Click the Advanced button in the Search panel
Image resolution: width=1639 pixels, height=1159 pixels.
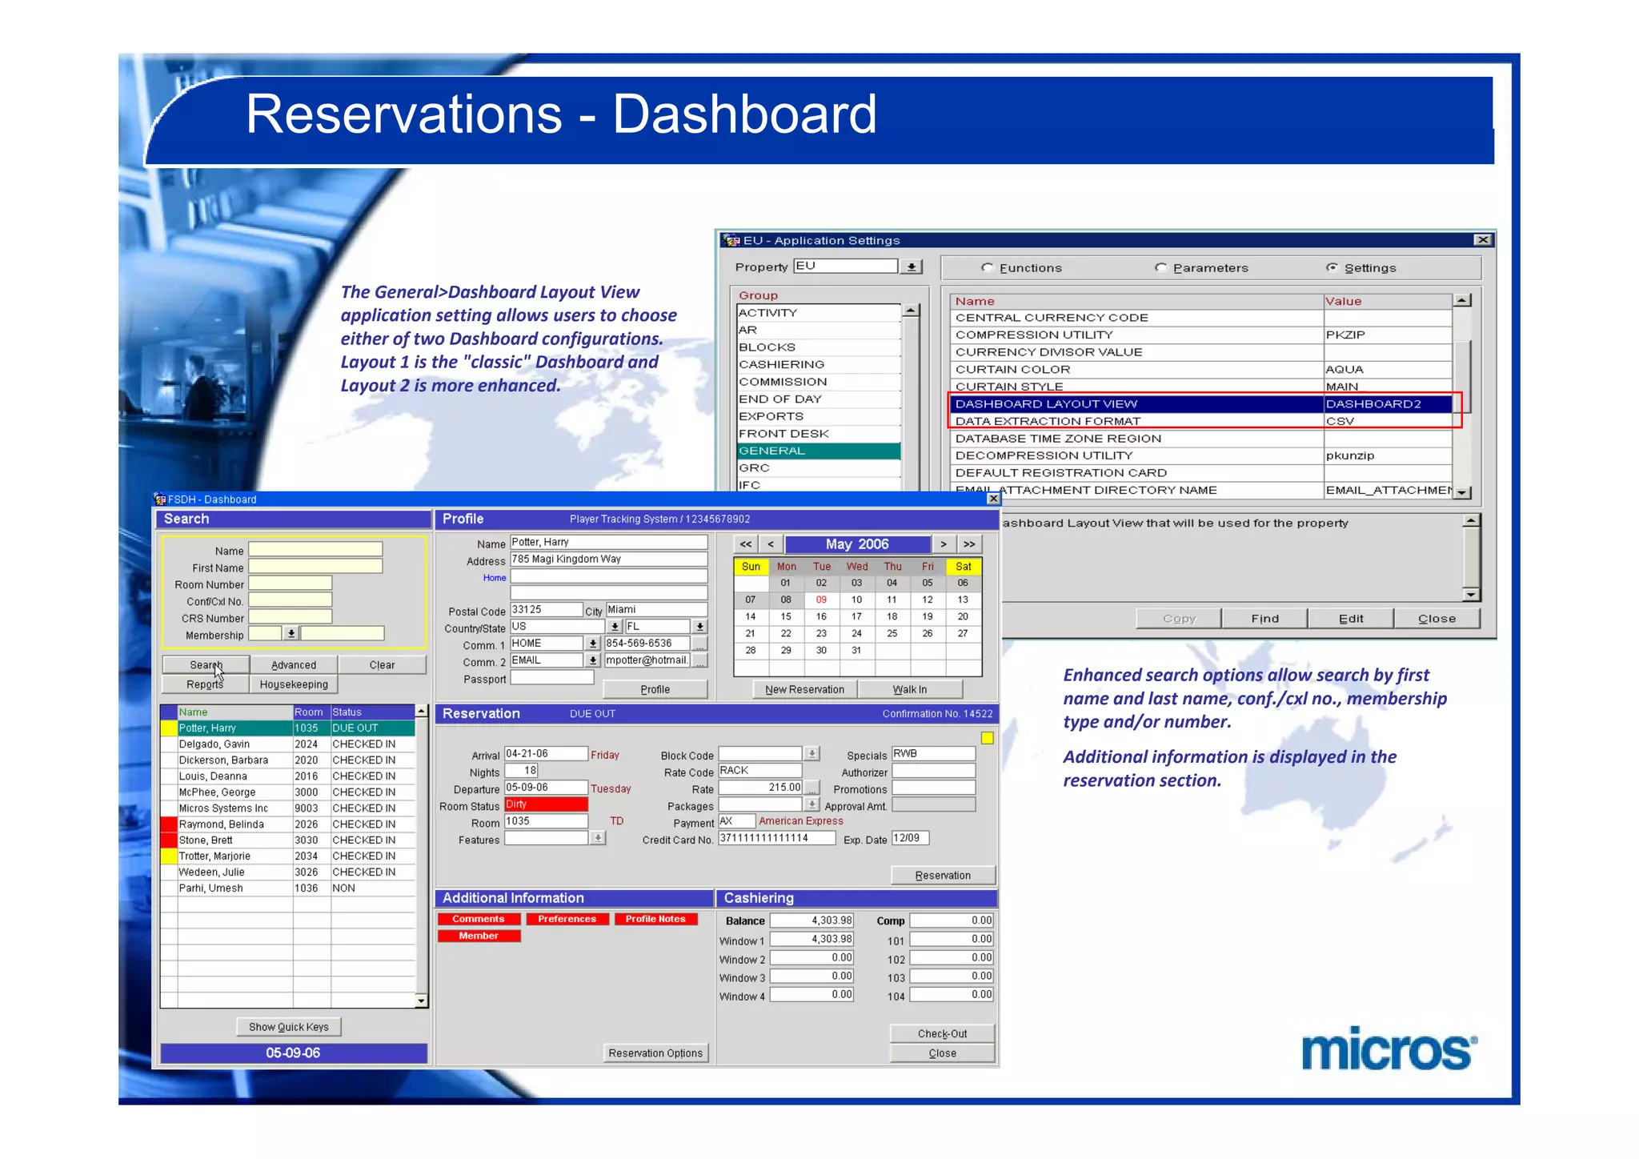pos(294,665)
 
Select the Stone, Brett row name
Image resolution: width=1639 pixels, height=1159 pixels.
pos(206,840)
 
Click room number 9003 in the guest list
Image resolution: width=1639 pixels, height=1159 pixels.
pos(307,808)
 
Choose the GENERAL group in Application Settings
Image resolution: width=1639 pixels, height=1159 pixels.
pos(818,451)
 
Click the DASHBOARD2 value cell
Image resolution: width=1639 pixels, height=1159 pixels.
pos(1386,404)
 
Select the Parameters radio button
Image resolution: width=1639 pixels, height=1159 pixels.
pos(1161,268)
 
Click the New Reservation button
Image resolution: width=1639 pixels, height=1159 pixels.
pos(804,689)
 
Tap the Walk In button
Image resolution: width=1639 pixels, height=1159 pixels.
pos(910,689)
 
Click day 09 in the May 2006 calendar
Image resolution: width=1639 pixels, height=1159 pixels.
pos(821,600)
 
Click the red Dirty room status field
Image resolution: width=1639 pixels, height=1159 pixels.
pos(546,804)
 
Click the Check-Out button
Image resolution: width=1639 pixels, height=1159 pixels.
pos(942,1033)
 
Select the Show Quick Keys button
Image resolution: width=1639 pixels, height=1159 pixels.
pos(288,1027)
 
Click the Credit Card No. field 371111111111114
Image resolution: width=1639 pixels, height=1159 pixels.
pos(775,838)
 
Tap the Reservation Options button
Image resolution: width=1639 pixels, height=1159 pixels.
pos(655,1053)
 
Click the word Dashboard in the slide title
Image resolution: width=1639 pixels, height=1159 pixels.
pos(744,114)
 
